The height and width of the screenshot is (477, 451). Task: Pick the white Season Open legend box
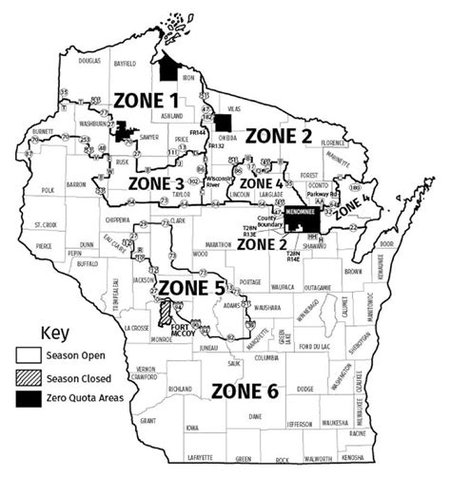(x=26, y=359)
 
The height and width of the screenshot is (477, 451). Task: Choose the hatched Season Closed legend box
(x=26, y=379)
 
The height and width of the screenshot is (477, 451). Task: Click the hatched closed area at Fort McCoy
(x=167, y=312)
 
